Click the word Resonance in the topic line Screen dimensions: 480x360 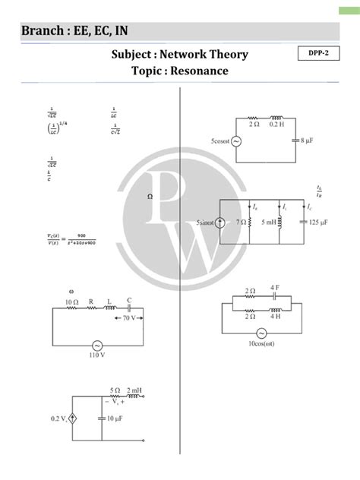click(200, 71)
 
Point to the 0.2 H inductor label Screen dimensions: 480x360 click(276, 125)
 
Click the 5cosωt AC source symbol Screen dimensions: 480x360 click(234, 142)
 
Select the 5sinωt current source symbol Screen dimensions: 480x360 click(219, 223)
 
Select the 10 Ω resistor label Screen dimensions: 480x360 click(73, 302)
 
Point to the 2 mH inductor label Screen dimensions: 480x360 click(137, 390)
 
